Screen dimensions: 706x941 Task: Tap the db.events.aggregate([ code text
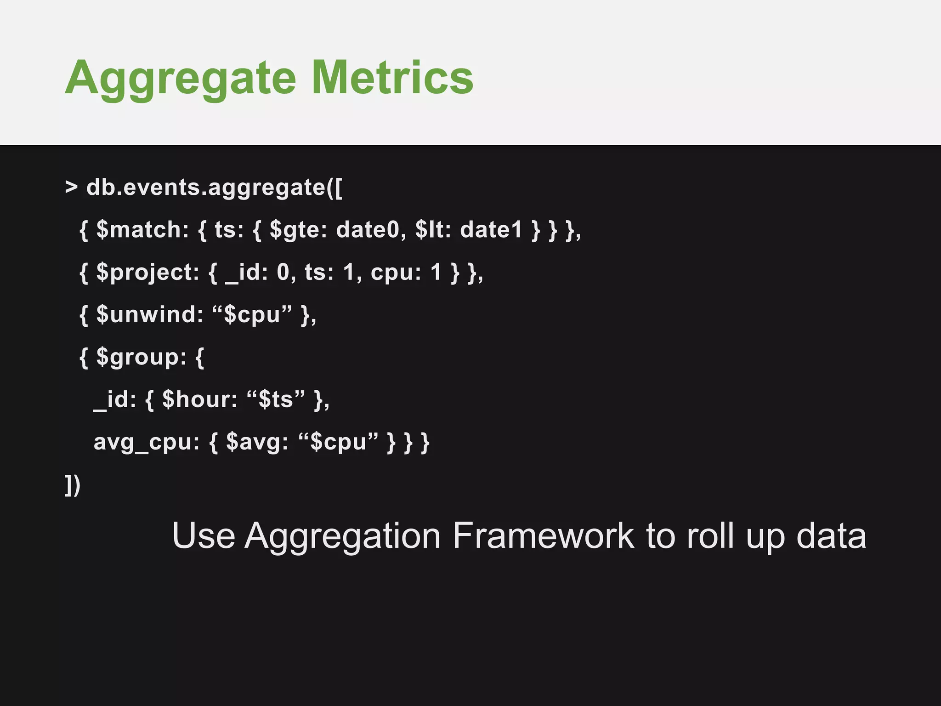pyautogui.click(x=214, y=188)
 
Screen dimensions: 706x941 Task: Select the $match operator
pyautogui.click(x=142, y=229)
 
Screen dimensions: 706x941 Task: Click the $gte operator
pyautogui.click(x=298, y=229)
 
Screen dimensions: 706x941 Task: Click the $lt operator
pyautogui.click(x=430, y=229)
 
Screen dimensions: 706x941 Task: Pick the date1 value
pyautogui.click(x=491, y=229)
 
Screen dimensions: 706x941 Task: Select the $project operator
pyautogui.click(x=147, y=272)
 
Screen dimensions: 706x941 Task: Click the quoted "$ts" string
pyautogui.click(x=276, y=399)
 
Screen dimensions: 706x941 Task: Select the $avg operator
pyautogui.click(x=257, y=442)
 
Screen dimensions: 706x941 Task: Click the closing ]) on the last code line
pyautogui.click(x=73, y=485)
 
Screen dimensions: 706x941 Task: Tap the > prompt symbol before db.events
pyautogui.click(x=71, y=188)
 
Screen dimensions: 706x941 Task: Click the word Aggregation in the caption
pyautogui.click(x=342, y=536)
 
